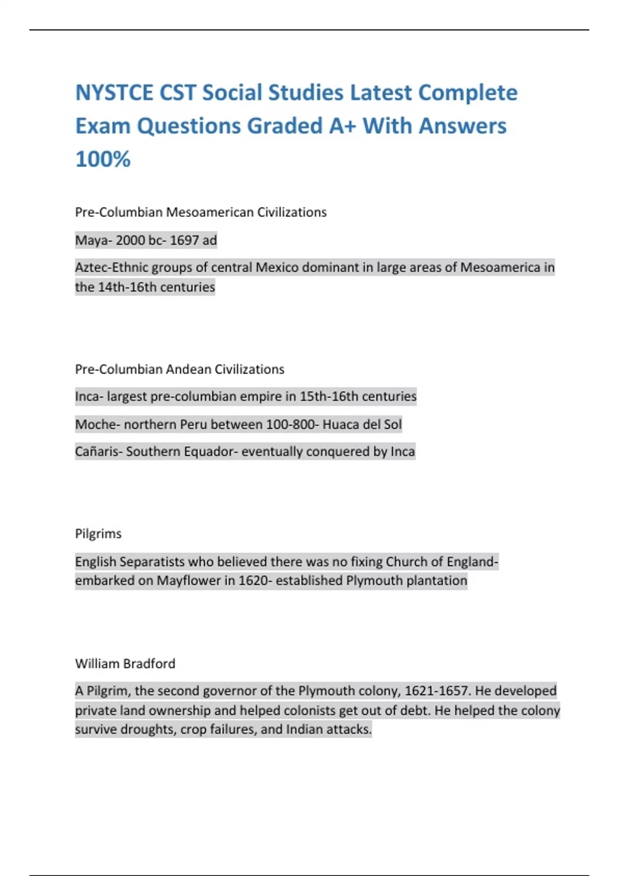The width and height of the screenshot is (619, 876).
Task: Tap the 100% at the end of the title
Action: coord(103,159)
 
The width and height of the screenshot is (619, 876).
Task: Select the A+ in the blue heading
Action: coord(343,126)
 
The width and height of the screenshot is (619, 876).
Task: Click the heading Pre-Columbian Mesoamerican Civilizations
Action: coord(201,212)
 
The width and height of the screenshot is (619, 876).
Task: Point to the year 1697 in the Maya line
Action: coord(184,240)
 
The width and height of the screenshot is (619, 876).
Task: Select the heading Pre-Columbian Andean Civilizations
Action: coord(180,369)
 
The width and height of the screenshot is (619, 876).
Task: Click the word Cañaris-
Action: coord(99,452)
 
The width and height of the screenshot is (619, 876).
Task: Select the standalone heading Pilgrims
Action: coord(98,534)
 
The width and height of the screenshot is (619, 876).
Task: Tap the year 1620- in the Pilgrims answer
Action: coord(255,581)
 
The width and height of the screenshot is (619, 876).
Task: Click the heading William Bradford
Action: coord(125,664)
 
